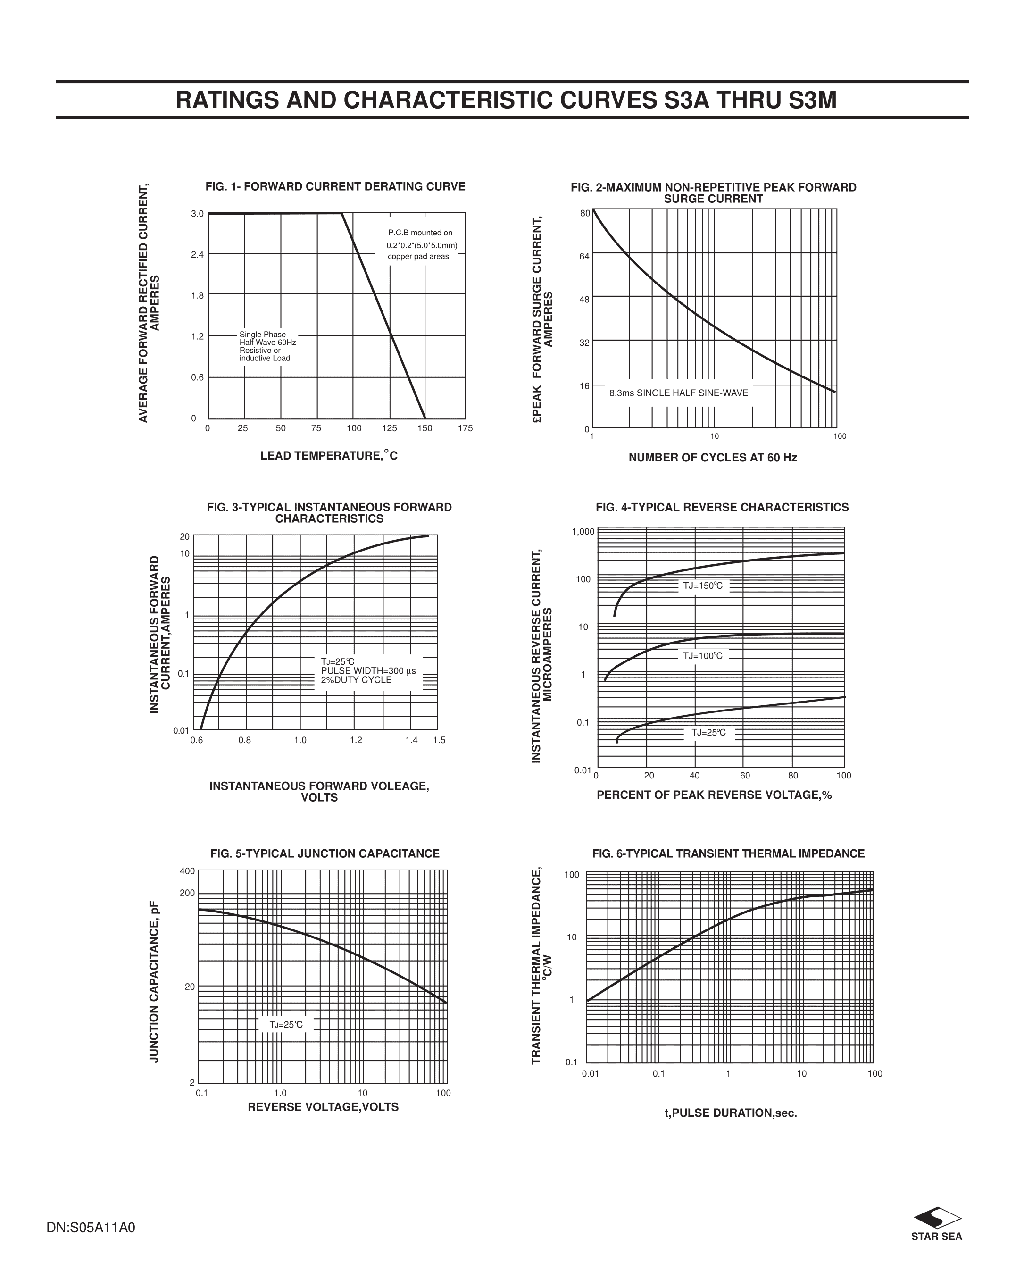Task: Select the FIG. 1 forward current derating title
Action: (335, 186)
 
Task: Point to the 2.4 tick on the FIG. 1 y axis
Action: (197, 255)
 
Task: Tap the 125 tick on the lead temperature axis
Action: (390, 428)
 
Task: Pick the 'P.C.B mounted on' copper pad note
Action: (420, 233)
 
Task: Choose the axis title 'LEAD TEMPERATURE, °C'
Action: (329, 455)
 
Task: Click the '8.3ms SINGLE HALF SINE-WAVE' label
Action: (679, 393)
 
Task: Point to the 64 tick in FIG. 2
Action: (585, 257)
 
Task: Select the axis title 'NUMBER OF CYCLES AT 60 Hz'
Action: (712, 457)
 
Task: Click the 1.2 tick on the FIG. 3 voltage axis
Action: (356, 740)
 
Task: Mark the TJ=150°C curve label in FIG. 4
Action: (703, 586)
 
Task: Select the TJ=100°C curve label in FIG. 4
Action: (703, 656)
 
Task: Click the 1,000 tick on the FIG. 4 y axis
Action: (583, 531)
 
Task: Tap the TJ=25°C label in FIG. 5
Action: (286, 1025)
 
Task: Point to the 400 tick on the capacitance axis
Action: (188, 871)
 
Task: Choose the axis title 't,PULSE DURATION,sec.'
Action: (730, 1113)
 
